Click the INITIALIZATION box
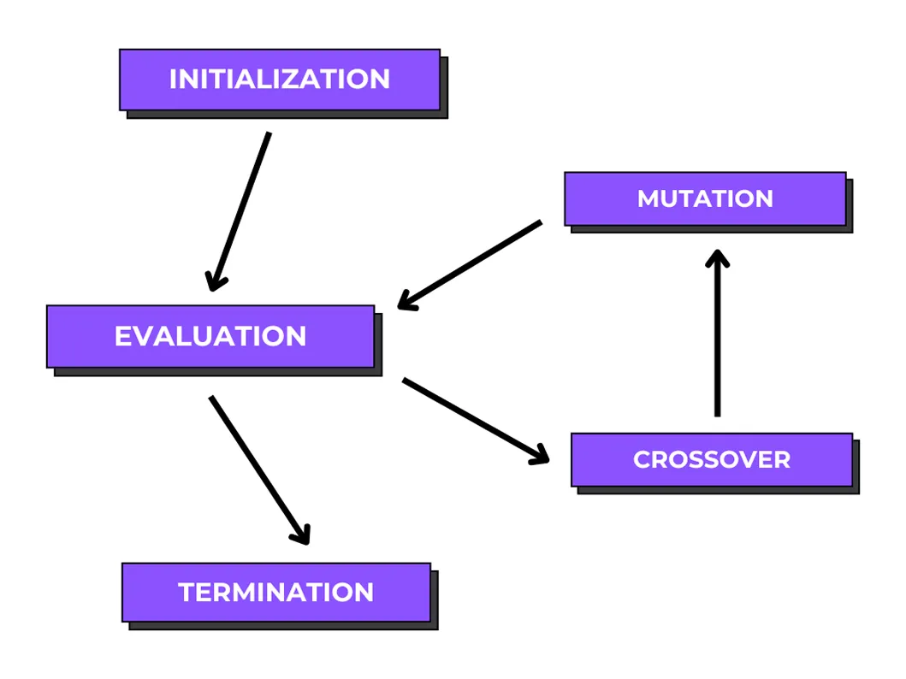(280, 80)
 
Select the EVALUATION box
(210, 336)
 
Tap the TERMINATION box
(275, 592)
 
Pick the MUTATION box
(705, 198)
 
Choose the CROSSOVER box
(711, 459)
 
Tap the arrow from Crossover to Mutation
(717, 338)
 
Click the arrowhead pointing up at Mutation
(717, 258)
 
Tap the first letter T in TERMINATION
(187, 592)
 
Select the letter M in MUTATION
(648, 198)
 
